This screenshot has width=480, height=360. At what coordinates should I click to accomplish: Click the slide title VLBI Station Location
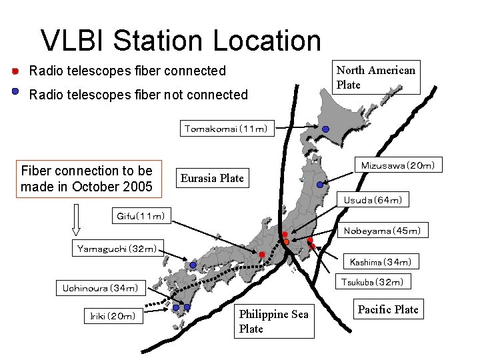[181, 40]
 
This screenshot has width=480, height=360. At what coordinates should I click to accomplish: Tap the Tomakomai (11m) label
[226, 129]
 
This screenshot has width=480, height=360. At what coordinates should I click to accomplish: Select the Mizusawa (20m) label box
[397, 165]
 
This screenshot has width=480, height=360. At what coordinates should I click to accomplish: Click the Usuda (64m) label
[373, 199]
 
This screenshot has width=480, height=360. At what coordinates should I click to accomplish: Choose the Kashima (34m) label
[380, 263]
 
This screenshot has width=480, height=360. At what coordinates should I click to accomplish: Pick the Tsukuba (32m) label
[372, 282]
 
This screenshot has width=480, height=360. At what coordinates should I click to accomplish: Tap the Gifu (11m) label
[141, 215]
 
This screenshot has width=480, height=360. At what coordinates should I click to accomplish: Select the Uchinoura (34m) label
[101, 289]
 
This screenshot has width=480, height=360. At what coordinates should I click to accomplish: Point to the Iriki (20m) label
[113, 315]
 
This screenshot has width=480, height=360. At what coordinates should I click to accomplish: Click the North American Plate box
[376, 77]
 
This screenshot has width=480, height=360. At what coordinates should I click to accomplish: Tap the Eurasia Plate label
[213, 178]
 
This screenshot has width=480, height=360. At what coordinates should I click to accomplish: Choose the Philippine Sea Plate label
[274, 321]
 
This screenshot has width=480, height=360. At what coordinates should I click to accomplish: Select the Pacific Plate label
[388, 309]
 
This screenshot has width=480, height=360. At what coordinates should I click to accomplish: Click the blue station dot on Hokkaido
[325, 129]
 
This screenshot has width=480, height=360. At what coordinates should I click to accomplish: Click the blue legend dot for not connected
[15, 93]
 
